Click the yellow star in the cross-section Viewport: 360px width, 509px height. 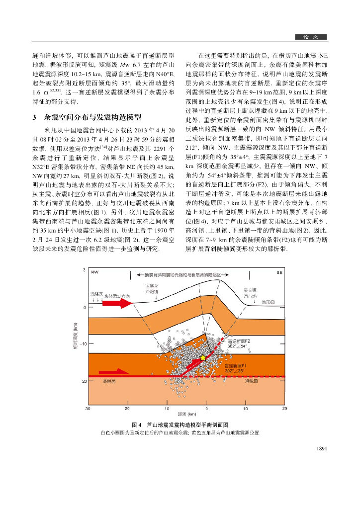pos(202,358)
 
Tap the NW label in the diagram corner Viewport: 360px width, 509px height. pos(95,272)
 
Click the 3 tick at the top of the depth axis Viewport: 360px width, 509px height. pos(84,270)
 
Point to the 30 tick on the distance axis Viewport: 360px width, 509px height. pos(88,408)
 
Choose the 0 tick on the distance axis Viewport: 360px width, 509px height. pos(206,408)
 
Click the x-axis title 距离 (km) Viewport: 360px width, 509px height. pos(186,414)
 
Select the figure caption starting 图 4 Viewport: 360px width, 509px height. pos(180,425)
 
